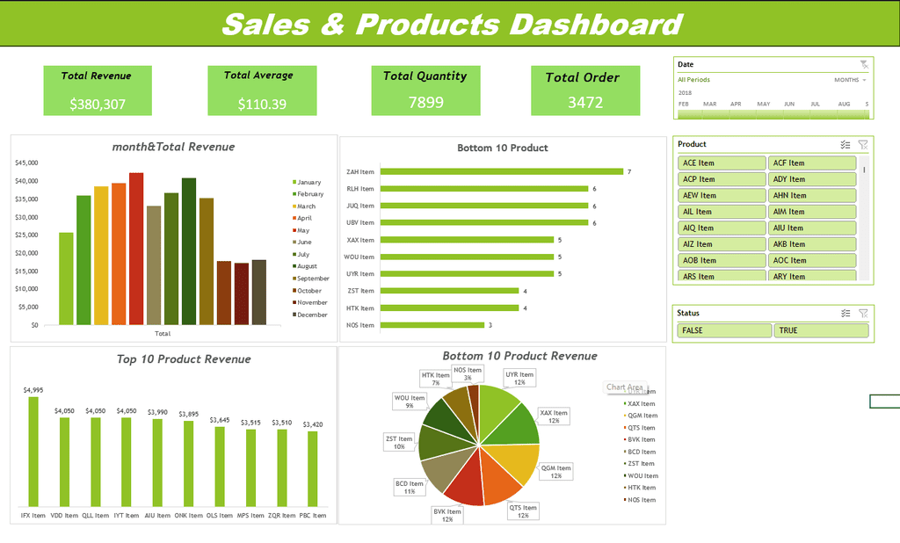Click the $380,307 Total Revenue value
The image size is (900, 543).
(x=98, y=105)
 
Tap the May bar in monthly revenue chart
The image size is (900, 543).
(x=136, y=249)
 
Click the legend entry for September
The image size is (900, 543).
(x=312, y=279)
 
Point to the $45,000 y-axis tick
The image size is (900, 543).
(x=27, y=163)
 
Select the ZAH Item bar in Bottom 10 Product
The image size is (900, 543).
(x=501, y=171)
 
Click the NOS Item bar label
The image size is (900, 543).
(x=360, y=325)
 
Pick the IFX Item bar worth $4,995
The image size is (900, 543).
(x=33, y=452)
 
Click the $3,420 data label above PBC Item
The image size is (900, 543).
(x=312, y=424)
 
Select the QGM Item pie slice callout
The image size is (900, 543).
(x=556, y=472)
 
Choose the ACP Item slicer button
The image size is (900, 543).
(x=722, y=179)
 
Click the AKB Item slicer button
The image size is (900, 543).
(x=812, y=244)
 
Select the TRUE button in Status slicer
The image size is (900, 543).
(x=821, y=330)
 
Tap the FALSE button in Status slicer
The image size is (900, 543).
(x=724, y=330)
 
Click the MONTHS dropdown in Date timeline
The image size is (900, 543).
(x=850, y=80)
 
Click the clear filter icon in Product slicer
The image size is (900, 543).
(x=863, y=144)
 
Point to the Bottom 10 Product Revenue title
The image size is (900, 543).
(x=519, y=356)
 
